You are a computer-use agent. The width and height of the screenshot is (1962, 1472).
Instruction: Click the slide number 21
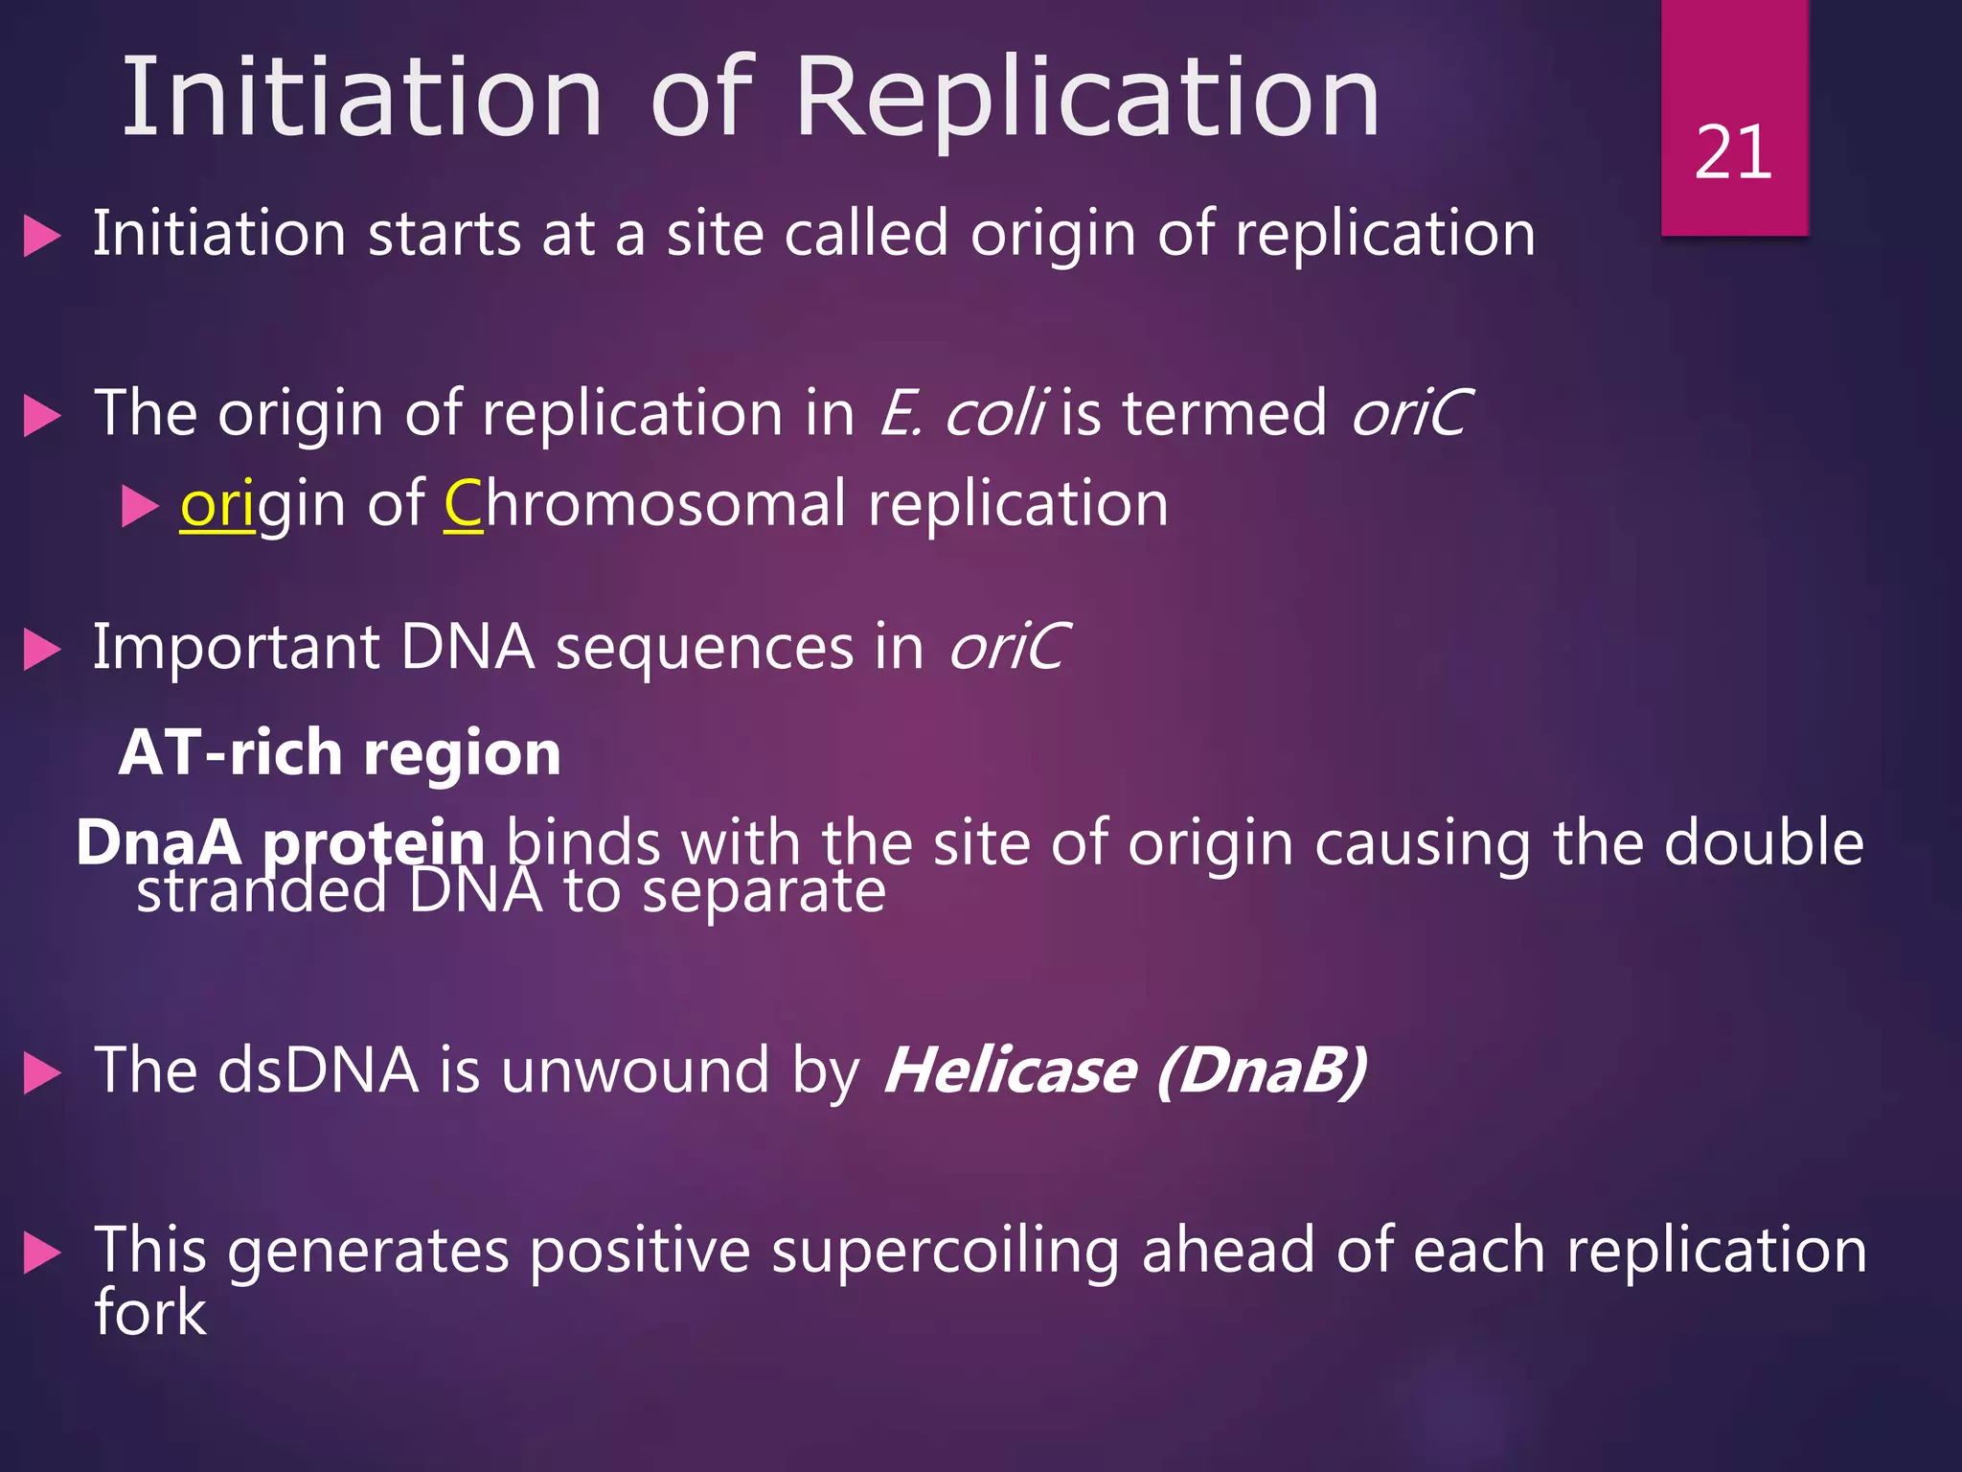pos(1733,153)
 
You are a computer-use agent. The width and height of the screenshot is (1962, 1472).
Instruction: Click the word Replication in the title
pos(1087,98)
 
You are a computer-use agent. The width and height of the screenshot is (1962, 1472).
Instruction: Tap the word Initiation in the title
pos(362,98)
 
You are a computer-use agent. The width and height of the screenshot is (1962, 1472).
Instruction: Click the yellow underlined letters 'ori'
pos(217,505)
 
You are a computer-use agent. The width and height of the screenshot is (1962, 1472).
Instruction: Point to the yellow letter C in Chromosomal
pos(464,504)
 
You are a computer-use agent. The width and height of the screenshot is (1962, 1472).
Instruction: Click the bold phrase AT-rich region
pos(340,753)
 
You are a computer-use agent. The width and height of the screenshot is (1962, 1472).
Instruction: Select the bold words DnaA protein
pos(280,843)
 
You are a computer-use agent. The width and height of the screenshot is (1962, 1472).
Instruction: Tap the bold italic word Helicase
pos(1010,1070)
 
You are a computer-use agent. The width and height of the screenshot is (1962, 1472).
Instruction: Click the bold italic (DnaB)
pos(1261,1070)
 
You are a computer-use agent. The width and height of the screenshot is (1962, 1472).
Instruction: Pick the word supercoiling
pos(945,1252)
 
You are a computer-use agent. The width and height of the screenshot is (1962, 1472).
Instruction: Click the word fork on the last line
pos(149,1313)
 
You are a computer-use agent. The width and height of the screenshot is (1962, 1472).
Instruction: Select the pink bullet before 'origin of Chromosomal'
pos(140,506)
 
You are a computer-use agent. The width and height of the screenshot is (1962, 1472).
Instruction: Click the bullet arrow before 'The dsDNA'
pos(42,1073)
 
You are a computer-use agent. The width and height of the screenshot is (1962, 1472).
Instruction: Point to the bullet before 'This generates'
pos(42,1253)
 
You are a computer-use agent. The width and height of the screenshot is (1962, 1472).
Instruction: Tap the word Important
pos(236,648)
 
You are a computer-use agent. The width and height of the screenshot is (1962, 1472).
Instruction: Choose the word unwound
pos(634,1070)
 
